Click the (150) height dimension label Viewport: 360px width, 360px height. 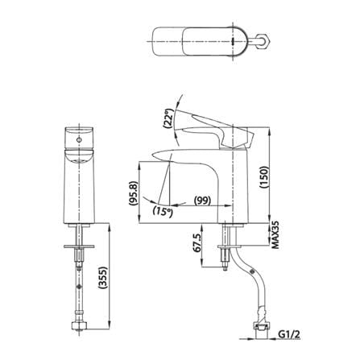coord(264,178)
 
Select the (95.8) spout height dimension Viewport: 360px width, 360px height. coord(134,193)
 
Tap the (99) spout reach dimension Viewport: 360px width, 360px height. coord(202,200)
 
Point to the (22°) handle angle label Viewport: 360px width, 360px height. coord(168,118)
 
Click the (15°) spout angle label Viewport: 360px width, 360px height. coord(163,212)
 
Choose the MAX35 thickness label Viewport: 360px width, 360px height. coord(275,236)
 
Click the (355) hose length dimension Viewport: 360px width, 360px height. coord(103,278)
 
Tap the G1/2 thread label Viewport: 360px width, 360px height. coord(289,334)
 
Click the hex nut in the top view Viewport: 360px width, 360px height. coord(263,41)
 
